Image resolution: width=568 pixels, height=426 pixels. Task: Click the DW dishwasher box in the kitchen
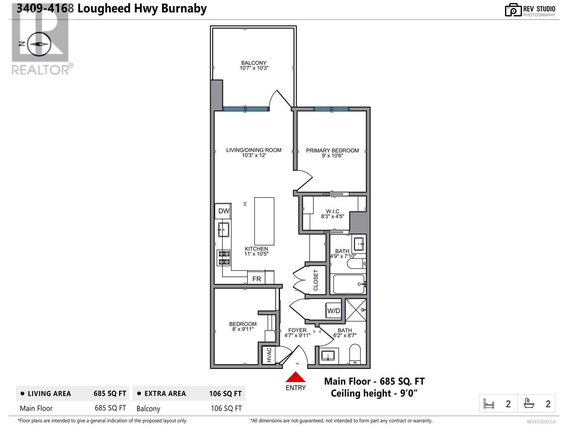(x=223, y=211)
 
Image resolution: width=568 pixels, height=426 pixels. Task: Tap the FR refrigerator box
(x=256, y=279)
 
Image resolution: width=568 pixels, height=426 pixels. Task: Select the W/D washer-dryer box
(x=334, y=311)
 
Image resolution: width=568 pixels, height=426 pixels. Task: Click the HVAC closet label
(x=269, y=355)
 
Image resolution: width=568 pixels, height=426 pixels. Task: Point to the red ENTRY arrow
(x=295, y=377)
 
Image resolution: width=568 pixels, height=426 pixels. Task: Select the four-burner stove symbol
(x=224, y=258)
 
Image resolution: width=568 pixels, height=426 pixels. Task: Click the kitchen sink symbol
(x=223, y=230)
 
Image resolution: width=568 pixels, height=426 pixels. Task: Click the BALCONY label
(x=254, y=63)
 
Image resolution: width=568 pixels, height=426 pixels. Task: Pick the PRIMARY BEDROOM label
(x=332, y=151)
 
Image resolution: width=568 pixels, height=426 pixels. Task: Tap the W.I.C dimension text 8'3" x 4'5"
(x=332, y=216)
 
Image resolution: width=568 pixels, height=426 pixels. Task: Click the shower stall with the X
(x=356, y=310)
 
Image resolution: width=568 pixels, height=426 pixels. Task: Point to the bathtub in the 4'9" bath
(x=349, y=284)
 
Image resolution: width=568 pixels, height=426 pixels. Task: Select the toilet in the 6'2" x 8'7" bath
(x=355, y=354)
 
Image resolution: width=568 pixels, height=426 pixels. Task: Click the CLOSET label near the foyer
(x=316, y=280)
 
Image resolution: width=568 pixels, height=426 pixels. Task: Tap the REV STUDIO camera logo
(x=513, y=10)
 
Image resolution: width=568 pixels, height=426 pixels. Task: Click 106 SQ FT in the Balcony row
(x=226, y=408)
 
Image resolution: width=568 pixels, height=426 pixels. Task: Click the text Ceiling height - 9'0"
(x=374, y=393)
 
